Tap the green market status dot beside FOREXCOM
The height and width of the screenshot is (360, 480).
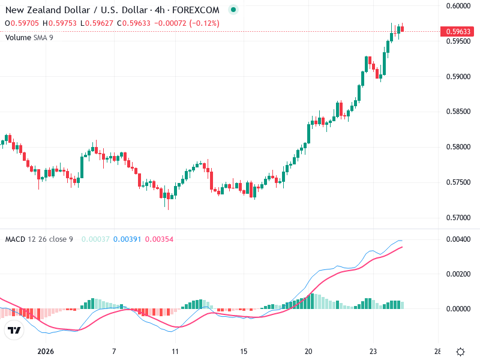coord(233,10)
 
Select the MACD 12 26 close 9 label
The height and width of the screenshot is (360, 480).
coord(39,239)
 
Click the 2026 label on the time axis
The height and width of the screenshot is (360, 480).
coord(46,352)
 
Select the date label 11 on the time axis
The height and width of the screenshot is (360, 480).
coord(175,352)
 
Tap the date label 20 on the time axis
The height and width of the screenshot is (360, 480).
coord(308,352)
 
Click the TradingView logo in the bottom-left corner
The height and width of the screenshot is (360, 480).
coord(14,331)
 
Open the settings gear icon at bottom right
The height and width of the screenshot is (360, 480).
coord(461,352)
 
